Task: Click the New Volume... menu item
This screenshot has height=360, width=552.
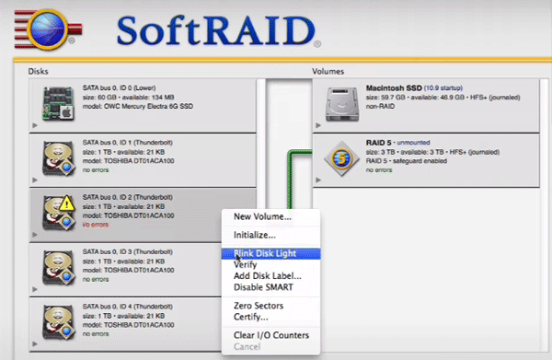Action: click(262, 217)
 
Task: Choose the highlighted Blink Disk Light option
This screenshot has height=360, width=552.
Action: click(270, 253)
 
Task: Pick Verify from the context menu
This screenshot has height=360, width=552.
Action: click(247, 264)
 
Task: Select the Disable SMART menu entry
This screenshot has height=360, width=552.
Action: click(263, 288)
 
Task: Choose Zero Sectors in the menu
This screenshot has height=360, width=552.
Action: click(259, 306)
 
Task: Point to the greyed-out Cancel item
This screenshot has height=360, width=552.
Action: click(247, 346)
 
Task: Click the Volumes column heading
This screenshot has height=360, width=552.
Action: click(329, 70)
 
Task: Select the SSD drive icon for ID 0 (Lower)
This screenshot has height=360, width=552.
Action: click(57, 104)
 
